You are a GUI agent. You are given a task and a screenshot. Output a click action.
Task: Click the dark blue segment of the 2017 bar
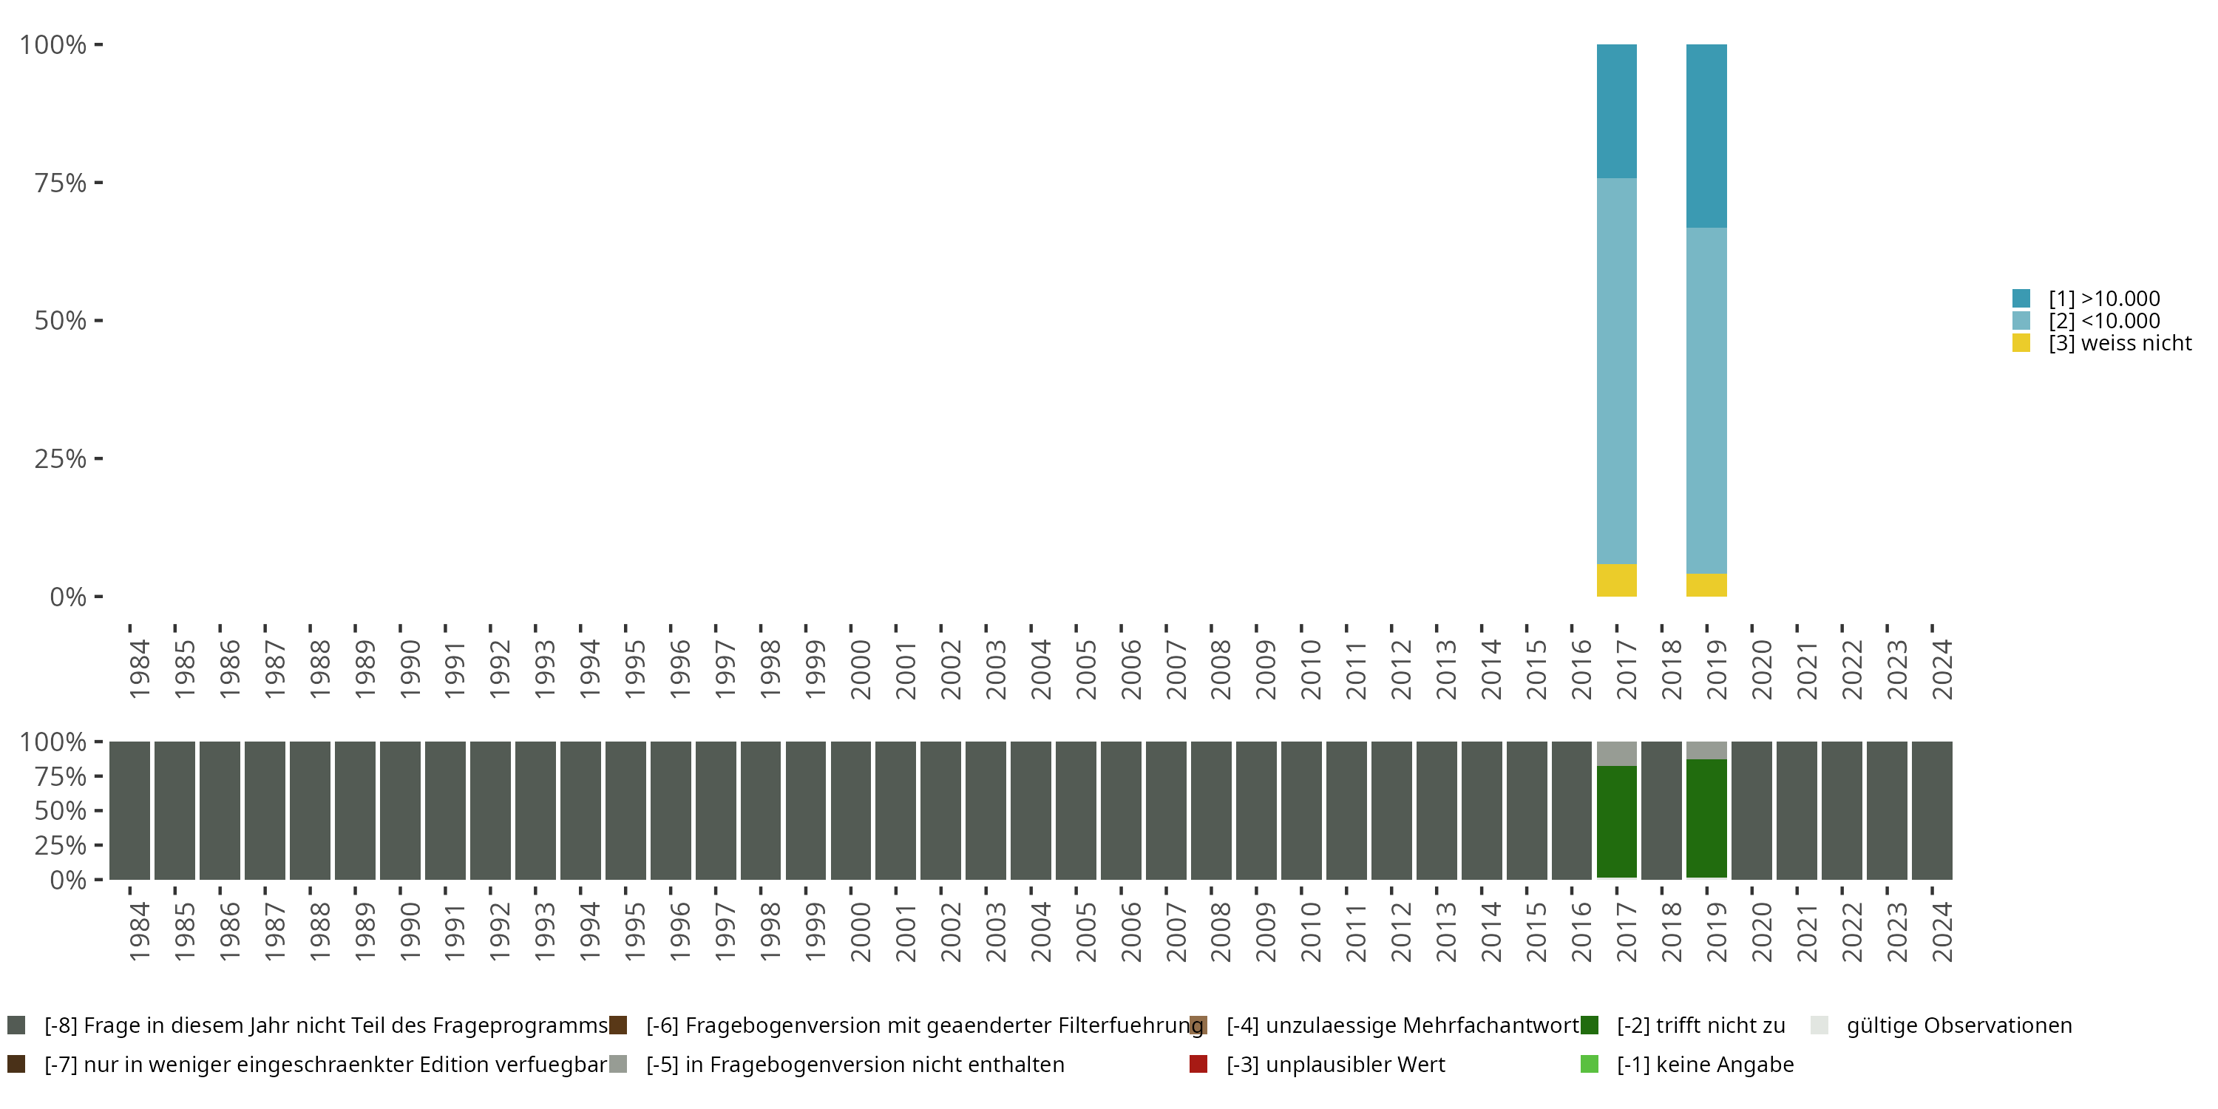point(1616,111)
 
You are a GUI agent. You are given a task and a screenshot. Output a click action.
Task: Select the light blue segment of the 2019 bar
point(1706,401)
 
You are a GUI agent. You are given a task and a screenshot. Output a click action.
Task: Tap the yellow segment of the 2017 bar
point(1616,580)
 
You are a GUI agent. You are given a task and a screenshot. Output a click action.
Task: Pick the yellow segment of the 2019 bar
point(1706,586)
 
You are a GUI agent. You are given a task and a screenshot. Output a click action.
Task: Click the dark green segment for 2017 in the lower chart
point(1616,821)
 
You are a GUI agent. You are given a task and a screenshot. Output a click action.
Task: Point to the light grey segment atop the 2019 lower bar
point(1706,750)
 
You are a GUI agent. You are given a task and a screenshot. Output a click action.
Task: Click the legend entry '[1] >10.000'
point(2103,299)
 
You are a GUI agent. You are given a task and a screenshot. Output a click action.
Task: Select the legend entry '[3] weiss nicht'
point(2119,344)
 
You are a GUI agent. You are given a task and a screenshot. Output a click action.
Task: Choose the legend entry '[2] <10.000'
point(2103,321)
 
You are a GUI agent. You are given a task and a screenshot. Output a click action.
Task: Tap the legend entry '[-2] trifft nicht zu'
point(1700,1025)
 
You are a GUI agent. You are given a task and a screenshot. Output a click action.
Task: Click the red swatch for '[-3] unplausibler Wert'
point(1198,1064)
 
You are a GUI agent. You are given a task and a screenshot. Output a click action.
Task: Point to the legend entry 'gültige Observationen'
point(1958,1025)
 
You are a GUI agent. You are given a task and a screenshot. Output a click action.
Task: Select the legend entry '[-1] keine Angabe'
point(1704,1064)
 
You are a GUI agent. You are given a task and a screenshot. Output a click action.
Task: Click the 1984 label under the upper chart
point(140,669)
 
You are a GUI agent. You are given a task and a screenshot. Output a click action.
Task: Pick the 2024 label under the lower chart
point(1941,932)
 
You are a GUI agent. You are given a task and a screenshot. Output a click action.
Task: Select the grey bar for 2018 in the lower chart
point(1661,810)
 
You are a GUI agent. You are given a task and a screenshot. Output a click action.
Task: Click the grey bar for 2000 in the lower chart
point(851,810)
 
